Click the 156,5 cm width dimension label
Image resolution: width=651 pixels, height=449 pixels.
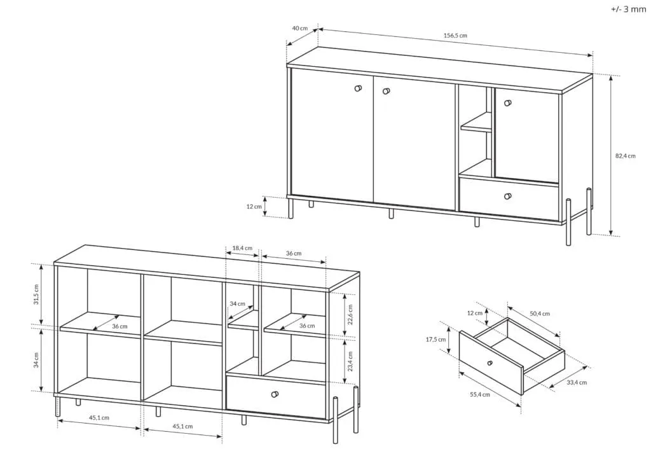click(455, 36)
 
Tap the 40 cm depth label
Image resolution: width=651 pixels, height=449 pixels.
click(300, 28)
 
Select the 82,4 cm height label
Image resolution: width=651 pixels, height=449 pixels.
click(626, 156)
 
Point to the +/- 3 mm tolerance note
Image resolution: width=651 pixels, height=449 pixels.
click(628, 9)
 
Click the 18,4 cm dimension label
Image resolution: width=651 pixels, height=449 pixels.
click(242, 248)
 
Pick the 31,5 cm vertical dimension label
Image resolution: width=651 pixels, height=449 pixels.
click(36, 294)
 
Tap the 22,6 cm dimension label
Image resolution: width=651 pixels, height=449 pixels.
click(350, 314)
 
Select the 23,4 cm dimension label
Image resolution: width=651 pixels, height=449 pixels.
click(350, 361)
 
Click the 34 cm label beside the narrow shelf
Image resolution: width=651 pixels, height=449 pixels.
click(238, 303)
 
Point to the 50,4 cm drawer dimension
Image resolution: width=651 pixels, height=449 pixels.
click(540, 314)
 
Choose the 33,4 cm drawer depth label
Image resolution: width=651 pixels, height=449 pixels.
click(577, 382)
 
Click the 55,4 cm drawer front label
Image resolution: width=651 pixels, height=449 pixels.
click(480, 394)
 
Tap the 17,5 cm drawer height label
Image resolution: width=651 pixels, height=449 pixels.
click(436, 340)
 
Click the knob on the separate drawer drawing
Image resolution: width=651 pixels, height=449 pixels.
click(490, 363)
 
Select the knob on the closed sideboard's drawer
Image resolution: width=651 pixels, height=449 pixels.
click(508, 196)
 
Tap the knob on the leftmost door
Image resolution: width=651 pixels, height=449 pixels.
click(359, 88)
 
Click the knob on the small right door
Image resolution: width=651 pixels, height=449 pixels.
click(507, 102)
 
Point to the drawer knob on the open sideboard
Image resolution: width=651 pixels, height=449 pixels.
click(275, 394)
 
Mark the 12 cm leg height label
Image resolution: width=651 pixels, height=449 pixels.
click(254, 207)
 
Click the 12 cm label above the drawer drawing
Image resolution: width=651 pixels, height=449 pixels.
click(475, 313)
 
